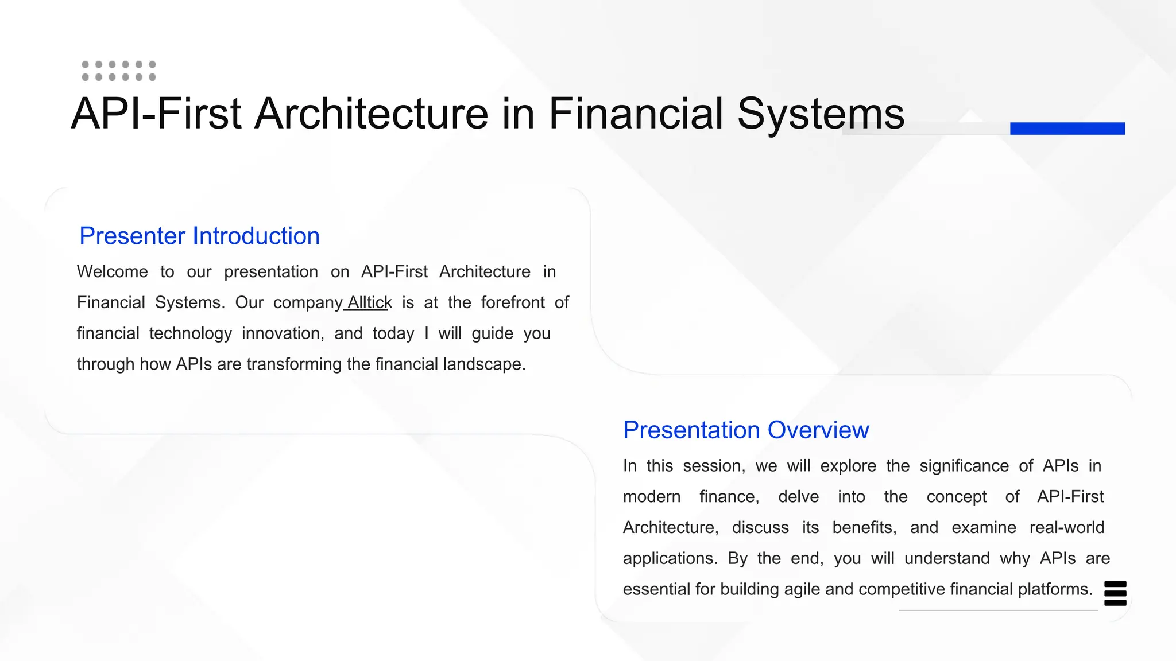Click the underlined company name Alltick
point(369,302)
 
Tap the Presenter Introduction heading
point(199,236)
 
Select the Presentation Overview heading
point(746,430)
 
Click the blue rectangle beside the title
point(1067,128)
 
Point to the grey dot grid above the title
point(119,71)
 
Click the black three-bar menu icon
point(1115,593)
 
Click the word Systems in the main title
point(821,114)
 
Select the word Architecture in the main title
point(372,114)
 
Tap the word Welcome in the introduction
point(113,271)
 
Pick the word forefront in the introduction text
point(513,302)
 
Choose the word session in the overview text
point(714,466)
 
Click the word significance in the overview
point(964,466)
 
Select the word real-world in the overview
point(1067,527)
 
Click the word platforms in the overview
point(1055,589)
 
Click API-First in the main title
point(156,114)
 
